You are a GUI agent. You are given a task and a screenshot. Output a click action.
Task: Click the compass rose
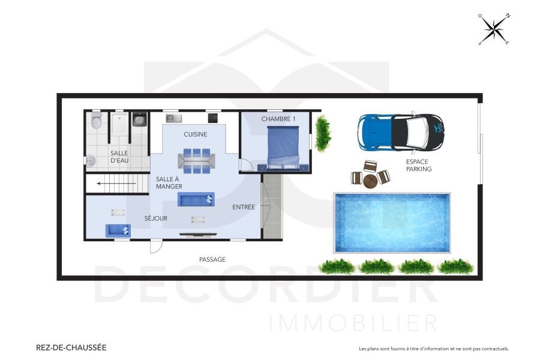click(494, 29)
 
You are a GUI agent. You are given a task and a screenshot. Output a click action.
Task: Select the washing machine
click(139, 119)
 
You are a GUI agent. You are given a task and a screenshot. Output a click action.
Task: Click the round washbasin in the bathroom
click(90, 160)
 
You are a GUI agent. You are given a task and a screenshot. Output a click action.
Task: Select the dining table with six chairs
click(196, 161)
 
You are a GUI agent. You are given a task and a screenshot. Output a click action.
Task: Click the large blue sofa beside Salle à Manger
click(195, 199)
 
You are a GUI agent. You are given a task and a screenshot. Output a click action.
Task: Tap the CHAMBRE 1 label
click(278, 119)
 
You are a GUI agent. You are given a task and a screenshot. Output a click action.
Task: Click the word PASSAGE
click(212, 259)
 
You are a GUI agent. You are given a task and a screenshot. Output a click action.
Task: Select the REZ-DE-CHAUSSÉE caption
click(71, 347)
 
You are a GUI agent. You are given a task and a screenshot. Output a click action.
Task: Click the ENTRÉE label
click(244, 207)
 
